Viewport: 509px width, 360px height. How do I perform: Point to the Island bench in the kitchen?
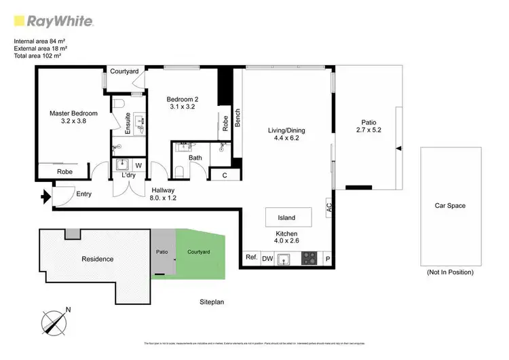point(287,217)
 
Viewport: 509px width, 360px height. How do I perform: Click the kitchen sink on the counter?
point(286,258)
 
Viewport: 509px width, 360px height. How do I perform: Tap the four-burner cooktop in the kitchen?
point(309,258)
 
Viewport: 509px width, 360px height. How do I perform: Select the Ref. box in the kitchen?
point(251,258)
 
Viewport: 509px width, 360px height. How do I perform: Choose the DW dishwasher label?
point(267,258)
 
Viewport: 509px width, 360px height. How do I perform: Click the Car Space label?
point(450,205)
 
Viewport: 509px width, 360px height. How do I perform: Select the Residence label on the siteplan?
point(98,259)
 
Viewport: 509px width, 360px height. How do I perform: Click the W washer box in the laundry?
point(138,164)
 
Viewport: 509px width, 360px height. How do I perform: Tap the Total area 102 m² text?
point(41,56)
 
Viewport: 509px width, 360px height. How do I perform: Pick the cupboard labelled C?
point(224,175)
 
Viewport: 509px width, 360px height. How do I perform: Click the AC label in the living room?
point(329,206)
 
